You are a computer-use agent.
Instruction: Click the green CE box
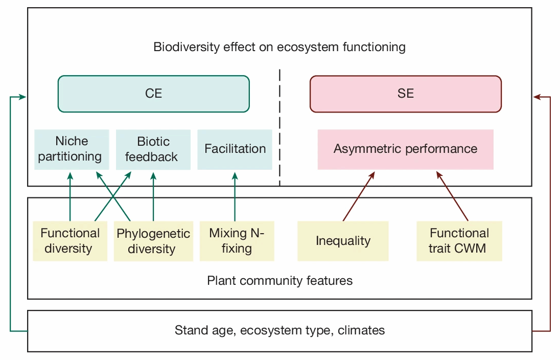153,94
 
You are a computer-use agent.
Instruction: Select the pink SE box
406,94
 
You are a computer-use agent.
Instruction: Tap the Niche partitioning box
72,149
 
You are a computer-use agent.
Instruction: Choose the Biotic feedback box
153,149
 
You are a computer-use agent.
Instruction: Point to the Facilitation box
235,149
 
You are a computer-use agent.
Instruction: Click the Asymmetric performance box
405,149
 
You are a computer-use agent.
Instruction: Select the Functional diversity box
70,241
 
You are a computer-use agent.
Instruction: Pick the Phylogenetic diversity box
153,241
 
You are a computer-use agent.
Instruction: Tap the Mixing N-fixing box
237,241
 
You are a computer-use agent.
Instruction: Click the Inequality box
343,241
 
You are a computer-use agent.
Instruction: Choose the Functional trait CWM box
459,241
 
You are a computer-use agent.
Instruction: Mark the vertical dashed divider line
279,128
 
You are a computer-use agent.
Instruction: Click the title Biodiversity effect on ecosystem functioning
279,48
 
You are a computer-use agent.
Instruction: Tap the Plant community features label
279,281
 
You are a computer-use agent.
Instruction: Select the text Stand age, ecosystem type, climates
279,330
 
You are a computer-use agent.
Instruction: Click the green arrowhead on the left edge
22,97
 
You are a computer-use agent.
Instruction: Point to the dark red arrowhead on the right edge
538,97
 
